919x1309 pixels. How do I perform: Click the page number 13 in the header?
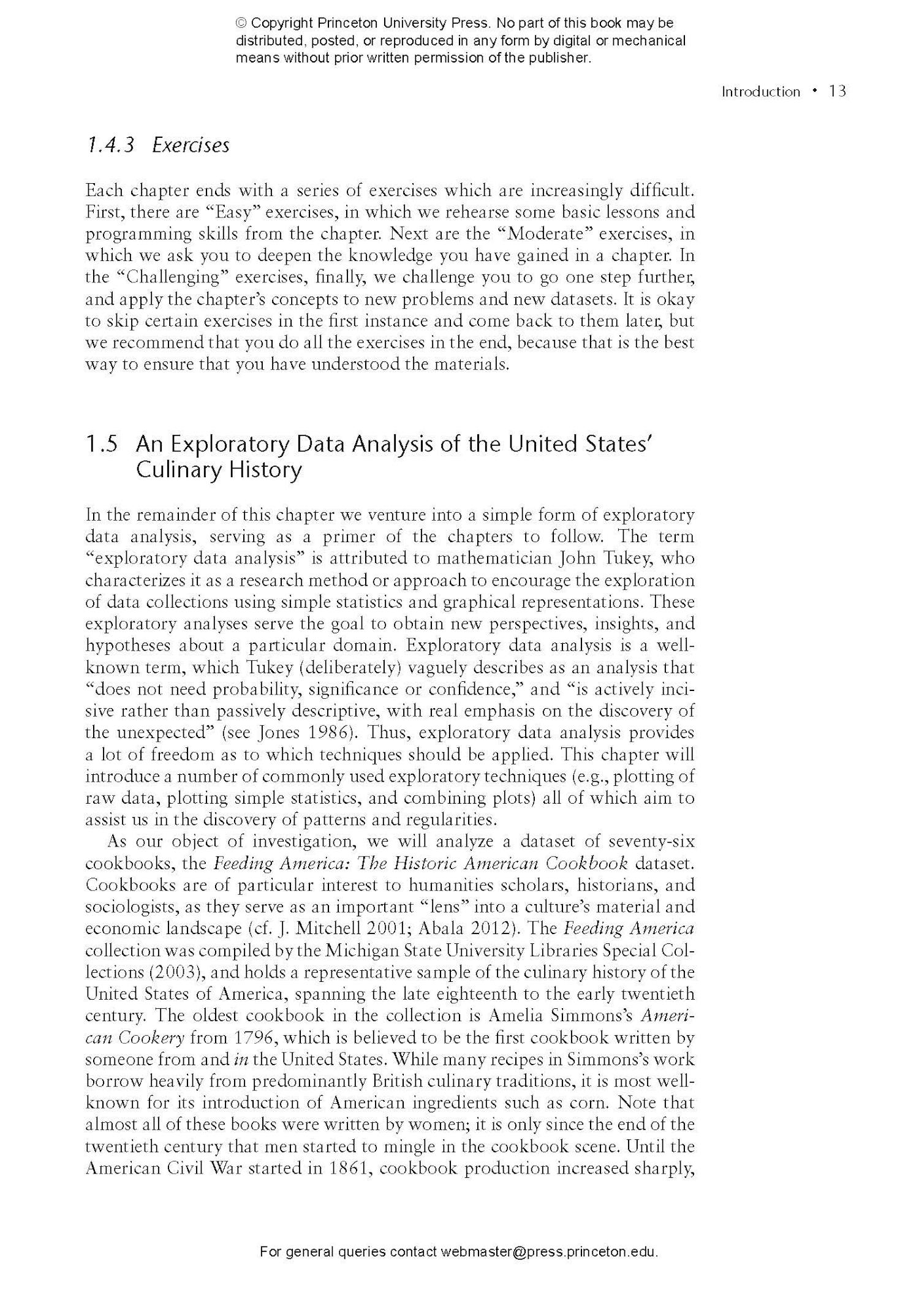[x=837, y=91]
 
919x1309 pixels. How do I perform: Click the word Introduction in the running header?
[x=760, y=92]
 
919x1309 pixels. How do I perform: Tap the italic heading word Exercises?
[x=191, y=145]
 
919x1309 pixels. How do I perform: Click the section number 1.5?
[x=101, y=443]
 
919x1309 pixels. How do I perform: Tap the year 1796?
[x=253, y=1038]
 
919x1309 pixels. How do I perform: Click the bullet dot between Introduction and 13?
[x=814, y=91]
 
